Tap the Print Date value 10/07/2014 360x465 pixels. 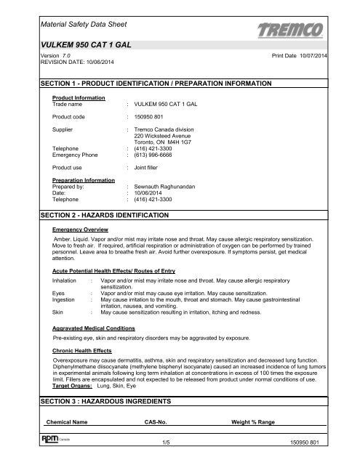(331, 56)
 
